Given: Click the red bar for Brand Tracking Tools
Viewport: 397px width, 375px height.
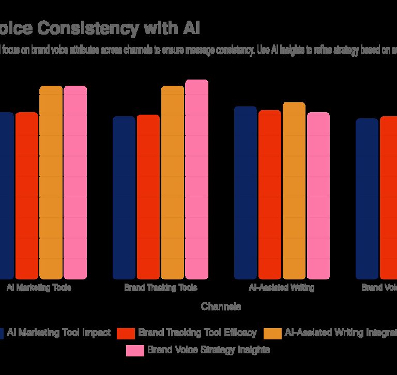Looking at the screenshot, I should point(148,196).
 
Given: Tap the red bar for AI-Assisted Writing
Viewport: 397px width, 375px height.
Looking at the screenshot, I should point(270,194).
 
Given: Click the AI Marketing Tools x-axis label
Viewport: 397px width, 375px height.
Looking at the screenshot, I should point(39,288).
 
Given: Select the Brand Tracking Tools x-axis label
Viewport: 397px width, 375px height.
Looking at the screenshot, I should point(161,288).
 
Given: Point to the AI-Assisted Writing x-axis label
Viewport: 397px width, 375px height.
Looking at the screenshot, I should point(282,288).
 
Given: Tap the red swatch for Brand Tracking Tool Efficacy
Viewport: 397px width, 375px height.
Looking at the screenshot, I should point(126,333).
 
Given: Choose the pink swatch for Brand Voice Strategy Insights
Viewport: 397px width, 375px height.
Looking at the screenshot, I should point(135,350).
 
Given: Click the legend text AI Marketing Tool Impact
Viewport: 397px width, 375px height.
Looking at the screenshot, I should point(59,333).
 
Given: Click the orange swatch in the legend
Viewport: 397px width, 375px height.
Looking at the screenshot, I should point(272,333).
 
